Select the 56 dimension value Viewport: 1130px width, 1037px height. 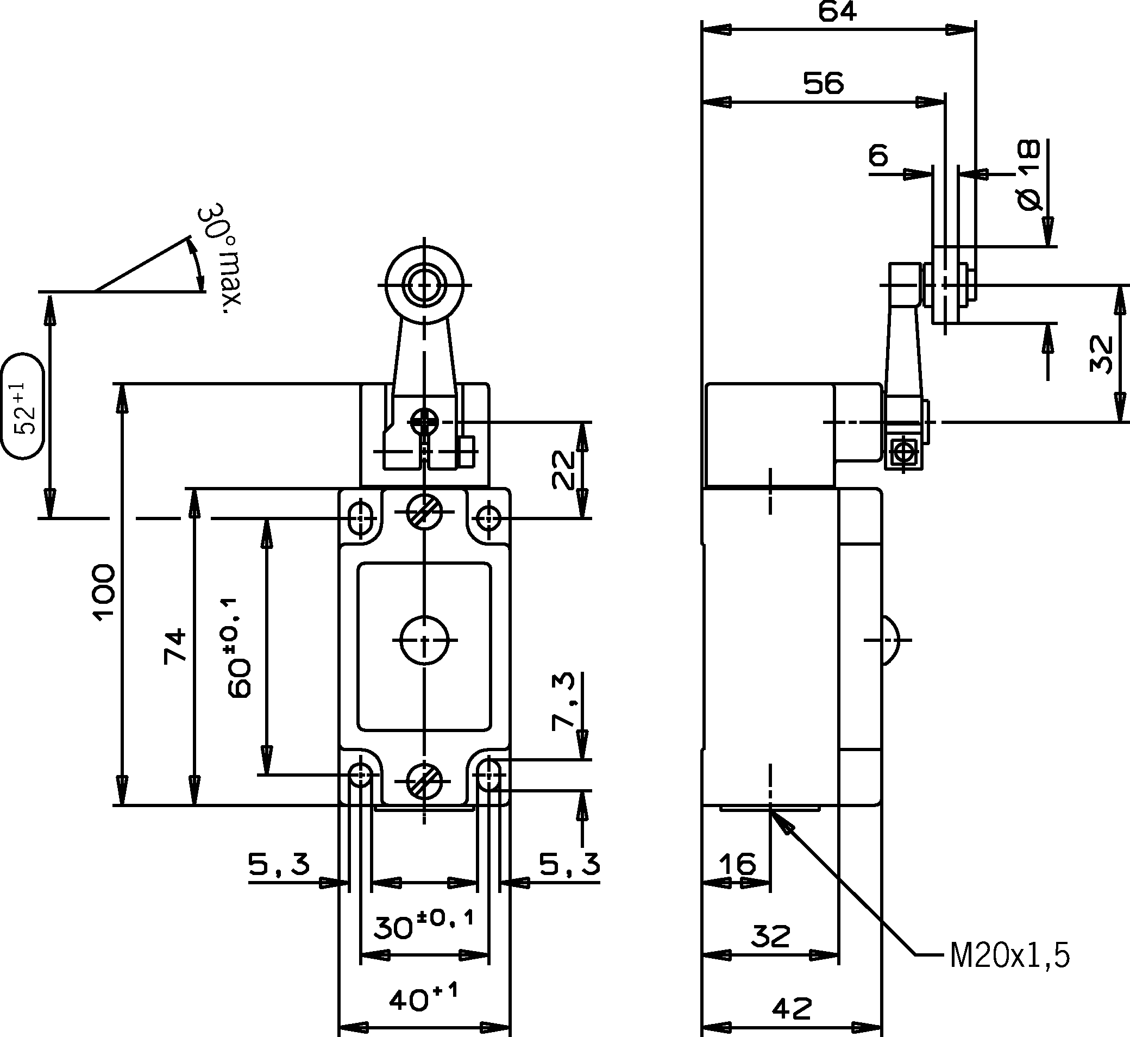pyautogui.click(x=823, y=83)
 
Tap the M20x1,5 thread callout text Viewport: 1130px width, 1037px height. pyautogui.click(x=1009, y=956)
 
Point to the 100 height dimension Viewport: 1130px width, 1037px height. pyautogui.click(x=104, y=592)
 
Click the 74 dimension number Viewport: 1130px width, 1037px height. pyautogui.click(x=175, y=646)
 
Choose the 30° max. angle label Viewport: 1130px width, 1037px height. pyautogui.click(x=222, y=258)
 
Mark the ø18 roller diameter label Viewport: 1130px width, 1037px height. pyautogui.click(x=1028, y=175)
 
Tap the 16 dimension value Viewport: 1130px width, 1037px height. pyautogui.click(x=737, y=864)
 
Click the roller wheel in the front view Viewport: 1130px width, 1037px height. pyautogui.click(x=424, y=284)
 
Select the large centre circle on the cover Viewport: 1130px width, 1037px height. pyautogui.click(x=424, y=640)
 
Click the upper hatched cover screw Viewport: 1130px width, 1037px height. pyautogui.click(x=424, y=511)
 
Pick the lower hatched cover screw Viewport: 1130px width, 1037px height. pyautogui.click(x=424, y=780)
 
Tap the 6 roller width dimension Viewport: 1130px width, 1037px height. pyautogui.click(x=879, y=155)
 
